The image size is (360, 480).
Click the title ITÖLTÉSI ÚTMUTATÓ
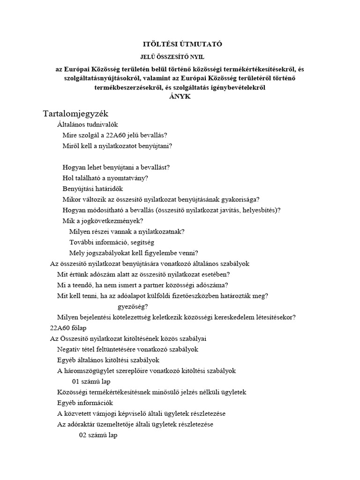(x=182, y=45)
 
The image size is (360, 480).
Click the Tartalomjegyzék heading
(x=75, y=113)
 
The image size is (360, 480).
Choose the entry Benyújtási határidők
(x=92, y=189)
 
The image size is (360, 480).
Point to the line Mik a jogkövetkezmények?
(x=103, y=221)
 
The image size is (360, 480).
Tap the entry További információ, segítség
(x=112, y=242)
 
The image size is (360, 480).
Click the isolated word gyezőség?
(x=133, y=307)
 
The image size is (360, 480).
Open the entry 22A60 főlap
(x=68, y=328)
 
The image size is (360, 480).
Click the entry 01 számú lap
(x=98, y=381)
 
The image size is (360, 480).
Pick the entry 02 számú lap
(x=98, y=435)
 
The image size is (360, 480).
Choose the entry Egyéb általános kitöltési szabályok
(x=108, y=360)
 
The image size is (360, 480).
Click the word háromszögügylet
(x=89, y=371)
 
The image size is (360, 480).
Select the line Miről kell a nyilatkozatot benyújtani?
(x=117, y=146)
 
